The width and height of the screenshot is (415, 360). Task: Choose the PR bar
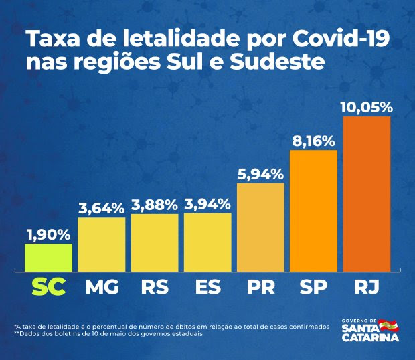tap(260, 227)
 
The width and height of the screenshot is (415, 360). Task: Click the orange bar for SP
tap(313, 211)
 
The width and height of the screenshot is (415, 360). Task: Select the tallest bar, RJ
tap(366, 194)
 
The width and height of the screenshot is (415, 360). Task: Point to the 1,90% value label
tap(48, 234)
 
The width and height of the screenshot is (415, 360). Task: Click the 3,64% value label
tap(101, 208)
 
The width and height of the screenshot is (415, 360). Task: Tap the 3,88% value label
tap(154, 204)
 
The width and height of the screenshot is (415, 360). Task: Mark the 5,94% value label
tap(260, 173)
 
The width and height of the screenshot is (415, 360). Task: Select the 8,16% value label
tap(313, 141)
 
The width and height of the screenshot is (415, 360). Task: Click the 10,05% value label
tap(366, 107)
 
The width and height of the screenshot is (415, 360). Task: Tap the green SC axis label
tap(48, 288)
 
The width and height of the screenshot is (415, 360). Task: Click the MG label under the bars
tap(102, 288)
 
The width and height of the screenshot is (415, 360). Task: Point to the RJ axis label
tap(365, 288)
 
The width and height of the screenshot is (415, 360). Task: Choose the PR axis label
tap(260, 288)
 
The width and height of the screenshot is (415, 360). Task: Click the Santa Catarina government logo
tap(369, 330)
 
